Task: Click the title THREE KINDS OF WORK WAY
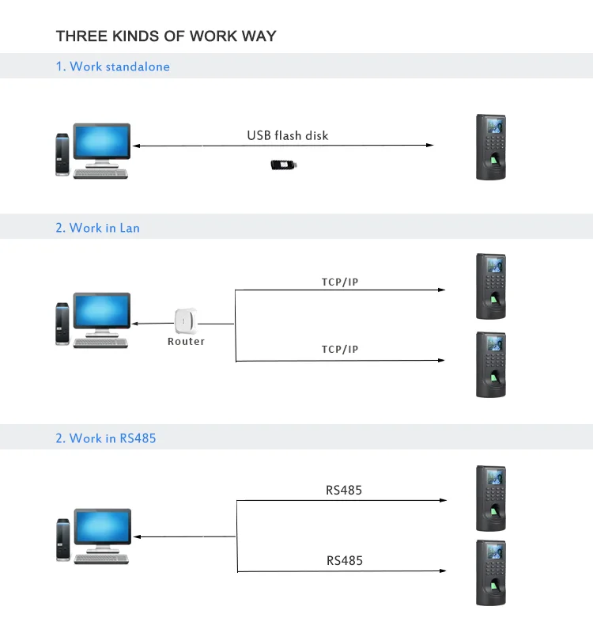166,36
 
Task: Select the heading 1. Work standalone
112,66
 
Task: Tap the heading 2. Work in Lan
97,228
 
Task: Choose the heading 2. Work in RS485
105,438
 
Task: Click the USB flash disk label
287,135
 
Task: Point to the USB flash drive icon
284,165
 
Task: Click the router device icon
186,321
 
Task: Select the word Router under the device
186,342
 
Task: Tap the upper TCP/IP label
340,282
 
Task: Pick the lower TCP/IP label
340,349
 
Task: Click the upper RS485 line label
344,491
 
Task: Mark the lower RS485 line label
344,561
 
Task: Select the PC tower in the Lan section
62,323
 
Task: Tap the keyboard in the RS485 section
101,559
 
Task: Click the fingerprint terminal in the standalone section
491,147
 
